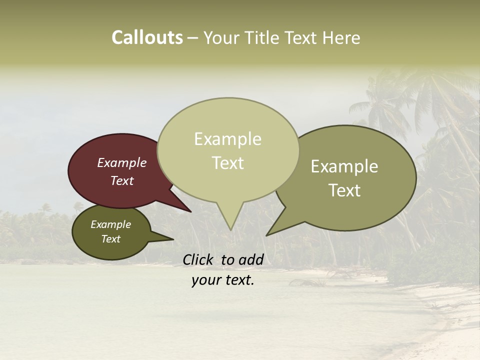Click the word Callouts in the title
147,37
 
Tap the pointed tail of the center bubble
230,222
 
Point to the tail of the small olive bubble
167,239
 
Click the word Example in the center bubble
227,139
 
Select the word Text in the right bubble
344,190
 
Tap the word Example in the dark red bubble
121,163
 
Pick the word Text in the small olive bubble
110,239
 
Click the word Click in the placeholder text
198,259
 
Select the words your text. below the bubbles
222,280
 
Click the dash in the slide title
193,38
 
